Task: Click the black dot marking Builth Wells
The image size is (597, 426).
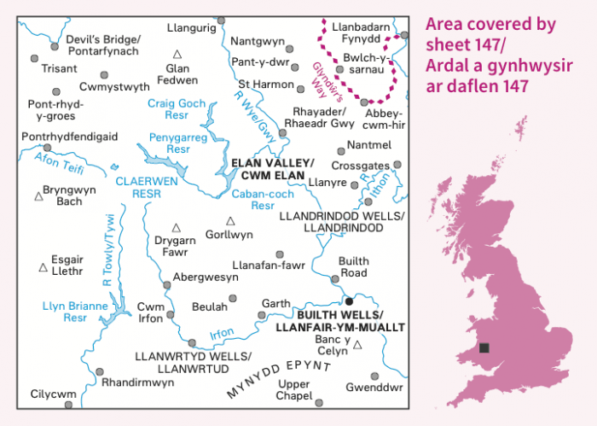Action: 348,301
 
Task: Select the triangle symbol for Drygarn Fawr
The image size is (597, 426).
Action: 177,228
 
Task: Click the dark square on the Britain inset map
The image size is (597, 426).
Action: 484,347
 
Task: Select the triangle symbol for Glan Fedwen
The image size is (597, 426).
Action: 176,55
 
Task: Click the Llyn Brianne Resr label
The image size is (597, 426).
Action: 76,312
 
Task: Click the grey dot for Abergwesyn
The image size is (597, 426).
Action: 165,285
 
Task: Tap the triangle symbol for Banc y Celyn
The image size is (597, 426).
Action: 358,346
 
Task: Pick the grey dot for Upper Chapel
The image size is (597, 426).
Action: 319,403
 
